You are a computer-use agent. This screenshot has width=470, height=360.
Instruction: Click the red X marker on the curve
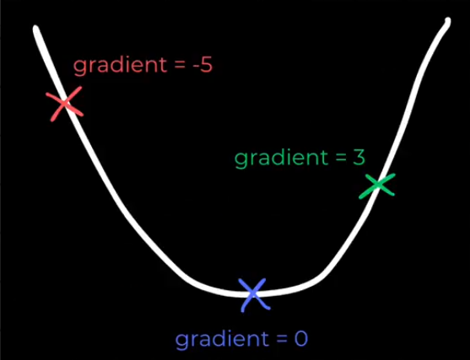pyautogui.click(x=64, y=104)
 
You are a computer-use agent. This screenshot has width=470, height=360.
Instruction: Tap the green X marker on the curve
pyautogui.click(x=377, y=185)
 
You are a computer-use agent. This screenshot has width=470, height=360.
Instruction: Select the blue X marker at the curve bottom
pyautogui.click(x=254, y=294)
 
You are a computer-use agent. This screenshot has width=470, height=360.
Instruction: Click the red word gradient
pyautogui.click(x=120, y=66)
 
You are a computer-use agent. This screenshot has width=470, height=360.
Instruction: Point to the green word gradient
pyautogui.click(x=281, y=159)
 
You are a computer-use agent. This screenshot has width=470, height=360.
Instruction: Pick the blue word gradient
pyautogui.click(x=222, y=339)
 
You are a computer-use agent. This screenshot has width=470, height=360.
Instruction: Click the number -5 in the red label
pyautogui.click(x=203, y=65)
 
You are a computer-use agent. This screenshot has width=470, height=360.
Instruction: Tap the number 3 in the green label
pyautogui.click(x=359, y=158)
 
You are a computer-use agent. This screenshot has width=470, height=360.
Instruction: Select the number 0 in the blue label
pyautogui.click(x=301, y=339)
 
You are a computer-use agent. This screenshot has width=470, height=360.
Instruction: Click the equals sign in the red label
pyautogui.click(x=180, y=66)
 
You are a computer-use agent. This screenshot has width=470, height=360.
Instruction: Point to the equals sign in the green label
pyautogui.click(x=341, y=159)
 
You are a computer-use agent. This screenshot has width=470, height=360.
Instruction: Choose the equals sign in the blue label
pyautogui.click(x=282, y=340)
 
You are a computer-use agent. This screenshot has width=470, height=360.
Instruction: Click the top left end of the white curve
pyautogui.click(x=36, y=28)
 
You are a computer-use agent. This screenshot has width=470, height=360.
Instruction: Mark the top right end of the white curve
pyautogui.click(x=447, y=21)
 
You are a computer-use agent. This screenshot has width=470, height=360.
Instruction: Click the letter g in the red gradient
pyautogui.click(x=79, y=67)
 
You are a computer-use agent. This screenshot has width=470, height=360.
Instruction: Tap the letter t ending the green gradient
pyautogui.click(x=324, y=158)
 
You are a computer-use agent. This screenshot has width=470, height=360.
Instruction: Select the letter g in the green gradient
pyautogui.click(x=240, y=160)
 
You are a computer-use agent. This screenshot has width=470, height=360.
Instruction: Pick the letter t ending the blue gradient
pyautogui.click(x=264, y=339)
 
